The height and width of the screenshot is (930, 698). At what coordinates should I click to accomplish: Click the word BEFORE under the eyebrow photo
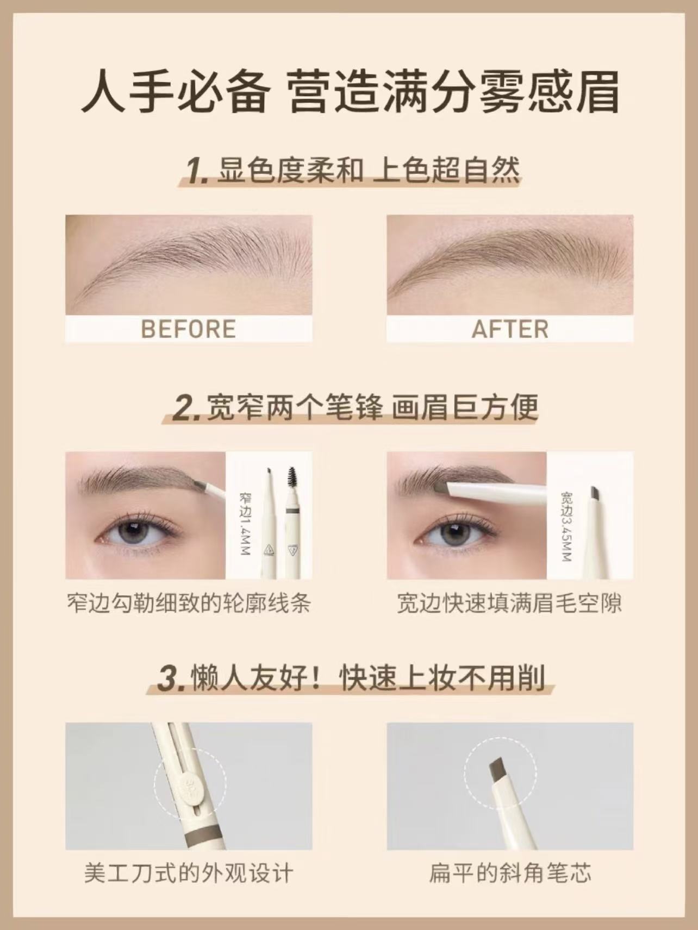pyautogui.click(x=189, y=330)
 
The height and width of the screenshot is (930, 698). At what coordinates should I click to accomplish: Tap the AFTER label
pyautogui.click(x=510, y=330)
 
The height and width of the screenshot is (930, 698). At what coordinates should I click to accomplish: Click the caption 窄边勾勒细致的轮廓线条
pyautogui.click(x=189, y=604)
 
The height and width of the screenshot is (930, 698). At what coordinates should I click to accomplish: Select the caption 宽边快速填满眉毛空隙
pyautogui.click(x=510, y=604)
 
